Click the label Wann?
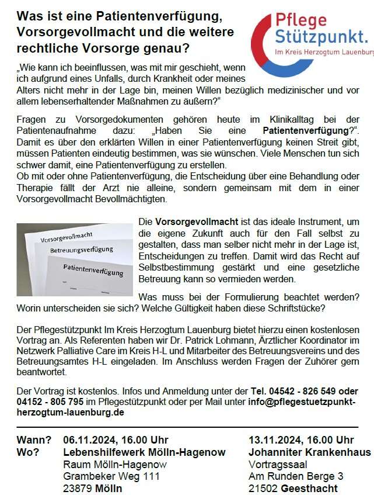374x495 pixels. pyautogui.click(x=34, y=439)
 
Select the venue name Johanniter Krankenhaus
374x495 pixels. pyautogui.click(x=309, y=452)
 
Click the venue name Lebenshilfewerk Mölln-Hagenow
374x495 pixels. pyautogui.click(x=144, y=452)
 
